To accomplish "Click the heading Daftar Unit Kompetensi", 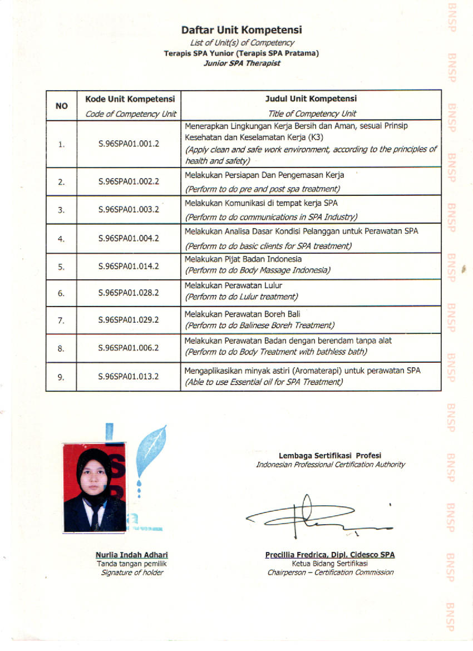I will point(241,30).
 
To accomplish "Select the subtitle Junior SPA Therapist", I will point(242,63).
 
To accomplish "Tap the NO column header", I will point(61,105).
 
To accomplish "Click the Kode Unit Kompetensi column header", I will point(130,99).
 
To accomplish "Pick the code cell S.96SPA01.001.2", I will point(129,144).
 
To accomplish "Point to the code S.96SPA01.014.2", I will point(129,266).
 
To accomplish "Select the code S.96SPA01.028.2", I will point(129,292).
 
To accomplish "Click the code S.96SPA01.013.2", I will point(129,377).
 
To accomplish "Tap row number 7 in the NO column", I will point(61,320).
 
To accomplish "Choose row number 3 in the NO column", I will point(61,210).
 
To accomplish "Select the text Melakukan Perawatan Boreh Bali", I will point(242,314).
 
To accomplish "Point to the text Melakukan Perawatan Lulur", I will point(233,285).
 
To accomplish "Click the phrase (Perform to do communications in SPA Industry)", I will point(271,217).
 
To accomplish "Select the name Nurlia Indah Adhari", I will point(132,555).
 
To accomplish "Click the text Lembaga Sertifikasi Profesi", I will point(330,456).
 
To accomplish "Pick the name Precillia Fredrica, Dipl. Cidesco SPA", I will point(330,555).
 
